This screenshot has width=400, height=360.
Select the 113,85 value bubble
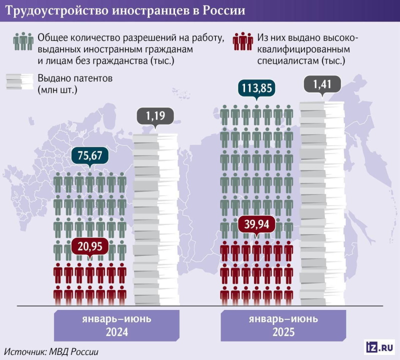[x=256, y=88]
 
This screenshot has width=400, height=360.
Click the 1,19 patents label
[x=155, y=117]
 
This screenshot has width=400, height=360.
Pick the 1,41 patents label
[x=322, y=84]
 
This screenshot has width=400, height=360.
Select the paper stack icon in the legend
[x=20, y=81]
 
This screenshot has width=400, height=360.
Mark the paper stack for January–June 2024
[x=155, y=215]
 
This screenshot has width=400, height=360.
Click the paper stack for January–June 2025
[x=322, y=200]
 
